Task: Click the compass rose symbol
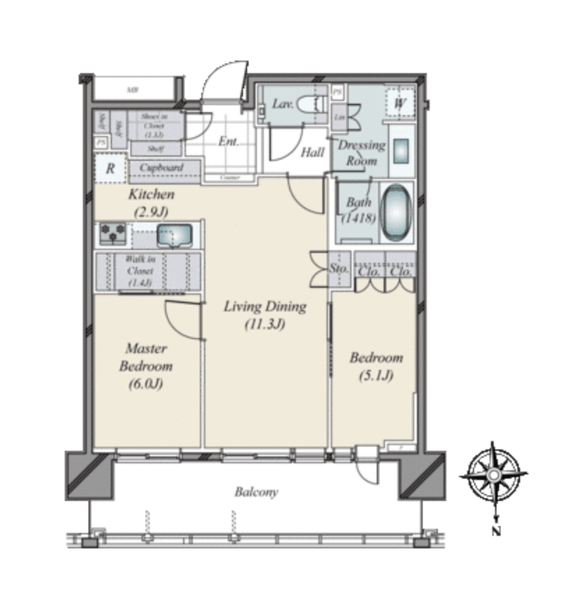(x=492, y=474)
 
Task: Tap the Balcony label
(x=256, y=492)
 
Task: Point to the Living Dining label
(x=265, y=315)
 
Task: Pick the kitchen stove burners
(x=113, y=233)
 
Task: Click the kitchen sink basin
(x=171, y=236)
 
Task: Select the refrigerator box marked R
(x=110, y=168)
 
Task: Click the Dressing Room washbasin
(x=402, y=150)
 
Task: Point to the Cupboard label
(x=162, y=168)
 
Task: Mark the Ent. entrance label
(x=228, y=141)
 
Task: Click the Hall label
(x=313, y=153)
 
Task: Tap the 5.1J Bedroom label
(x=376, y=366)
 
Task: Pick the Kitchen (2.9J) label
(x=151, y=202)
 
